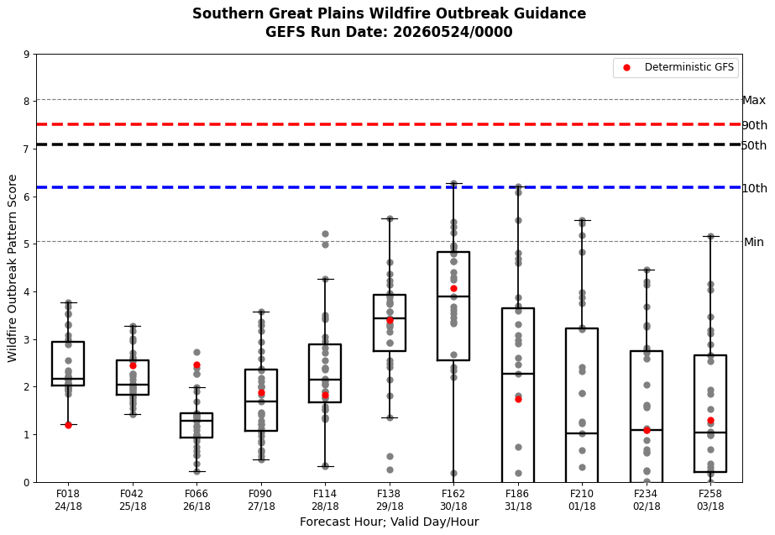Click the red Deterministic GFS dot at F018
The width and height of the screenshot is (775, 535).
click(68, 425)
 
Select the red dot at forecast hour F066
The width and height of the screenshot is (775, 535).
click(196, 365)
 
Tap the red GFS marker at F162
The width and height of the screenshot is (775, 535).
click(453, 288)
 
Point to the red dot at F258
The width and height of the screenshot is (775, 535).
click(710, 420)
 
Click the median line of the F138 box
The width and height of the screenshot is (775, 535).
click(390, 318)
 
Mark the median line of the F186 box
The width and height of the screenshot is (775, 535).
click(518, 373)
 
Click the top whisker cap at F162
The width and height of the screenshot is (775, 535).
click(453, 183)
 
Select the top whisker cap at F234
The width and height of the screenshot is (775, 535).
click(647, 270)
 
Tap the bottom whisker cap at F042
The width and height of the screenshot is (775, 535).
click(133, 414)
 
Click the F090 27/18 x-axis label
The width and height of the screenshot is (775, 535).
click(261, 500)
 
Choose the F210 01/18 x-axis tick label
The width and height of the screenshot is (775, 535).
click(582, 500)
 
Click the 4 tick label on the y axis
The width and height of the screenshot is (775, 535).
click(27, 291)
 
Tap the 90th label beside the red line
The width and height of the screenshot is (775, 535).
click(755, 125)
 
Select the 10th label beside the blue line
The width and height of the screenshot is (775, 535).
click(755, 188)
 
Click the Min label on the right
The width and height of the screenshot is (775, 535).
click(754, 242)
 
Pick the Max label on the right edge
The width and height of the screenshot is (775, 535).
click(754, 101)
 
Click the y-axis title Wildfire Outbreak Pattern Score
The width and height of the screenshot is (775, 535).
click(13, 268)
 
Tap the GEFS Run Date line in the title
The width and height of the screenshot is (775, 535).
click(389, 32)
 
